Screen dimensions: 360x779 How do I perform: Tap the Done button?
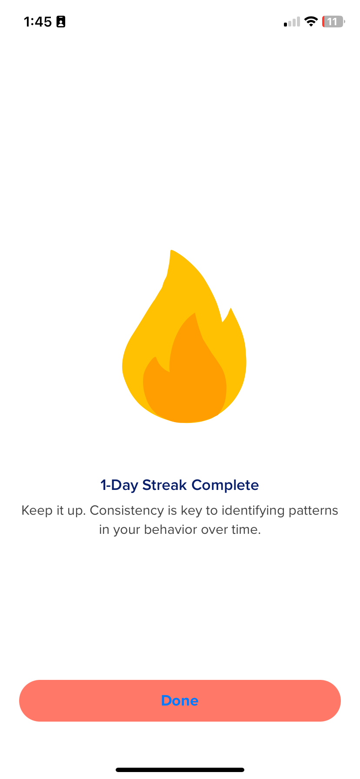coord(180,700)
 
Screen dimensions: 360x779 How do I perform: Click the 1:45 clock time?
coord(38,22)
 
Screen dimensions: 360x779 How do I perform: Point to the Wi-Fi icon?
coord(311,21)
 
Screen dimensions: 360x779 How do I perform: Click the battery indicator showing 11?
coord(333,21)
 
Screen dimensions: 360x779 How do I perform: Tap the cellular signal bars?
coord(292,22)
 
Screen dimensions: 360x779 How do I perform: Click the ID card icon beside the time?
coord(61,22)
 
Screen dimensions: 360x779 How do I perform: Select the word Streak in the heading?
coord(165,485)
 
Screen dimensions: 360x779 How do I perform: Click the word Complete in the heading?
coord(225,486)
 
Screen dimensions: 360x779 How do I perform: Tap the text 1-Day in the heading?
coord(119,486)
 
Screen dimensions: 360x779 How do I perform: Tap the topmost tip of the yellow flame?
coord(171,250)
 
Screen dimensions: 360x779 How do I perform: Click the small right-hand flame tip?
coord(230,309)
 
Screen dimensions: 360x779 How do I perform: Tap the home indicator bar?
coord(180,770)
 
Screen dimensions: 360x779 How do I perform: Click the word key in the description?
coord(191,511)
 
